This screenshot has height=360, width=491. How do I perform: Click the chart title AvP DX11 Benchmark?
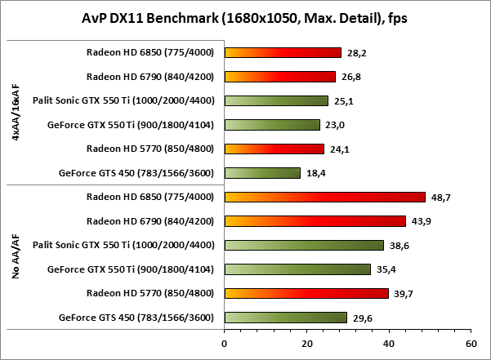(x=245, y=18)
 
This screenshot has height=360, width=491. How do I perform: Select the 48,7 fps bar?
(x=324, y=197)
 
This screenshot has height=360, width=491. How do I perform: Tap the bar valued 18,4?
(x=262, y=172)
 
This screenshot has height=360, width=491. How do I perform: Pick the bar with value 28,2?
(x=283, y=52)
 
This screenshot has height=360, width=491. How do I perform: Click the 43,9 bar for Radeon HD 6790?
(x=315, y=220)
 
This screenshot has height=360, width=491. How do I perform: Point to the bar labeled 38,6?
(x=304, y=245)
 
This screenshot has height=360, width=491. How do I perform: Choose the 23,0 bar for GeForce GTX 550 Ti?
(x=272, y=125)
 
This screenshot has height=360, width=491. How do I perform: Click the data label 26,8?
(x=349, y=78)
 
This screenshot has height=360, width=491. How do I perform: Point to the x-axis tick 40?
(x=388, y=344)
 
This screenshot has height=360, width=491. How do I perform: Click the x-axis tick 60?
(x=470, y=344)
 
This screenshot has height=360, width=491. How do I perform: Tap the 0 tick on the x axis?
(x=224, y=344)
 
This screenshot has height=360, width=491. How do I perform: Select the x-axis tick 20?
(x=306, y=344)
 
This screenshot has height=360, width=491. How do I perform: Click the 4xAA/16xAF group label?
(x=16, y=113)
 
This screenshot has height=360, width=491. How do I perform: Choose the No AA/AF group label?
(x=16, y=257)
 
